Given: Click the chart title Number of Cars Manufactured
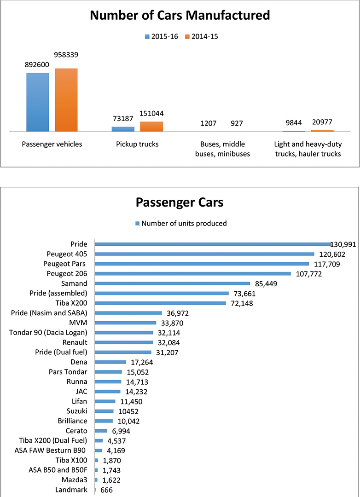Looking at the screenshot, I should [x=180, y=16].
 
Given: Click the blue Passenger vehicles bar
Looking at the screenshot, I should [x=38, y=102].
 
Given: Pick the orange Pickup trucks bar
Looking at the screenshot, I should [x=151, y=127].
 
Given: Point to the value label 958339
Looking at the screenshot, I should [x=66, y=55].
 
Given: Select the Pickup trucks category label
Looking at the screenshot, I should [x=137, y=144].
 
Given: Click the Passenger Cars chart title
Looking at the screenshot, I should [x=180, y=203].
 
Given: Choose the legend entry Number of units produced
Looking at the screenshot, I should [x=184, y=224].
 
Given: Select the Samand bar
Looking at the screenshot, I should [x=172, y=283].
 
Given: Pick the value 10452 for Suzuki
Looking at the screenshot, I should [x=127, y=411].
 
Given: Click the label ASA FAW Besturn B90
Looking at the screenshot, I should [x=52, y=451].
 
